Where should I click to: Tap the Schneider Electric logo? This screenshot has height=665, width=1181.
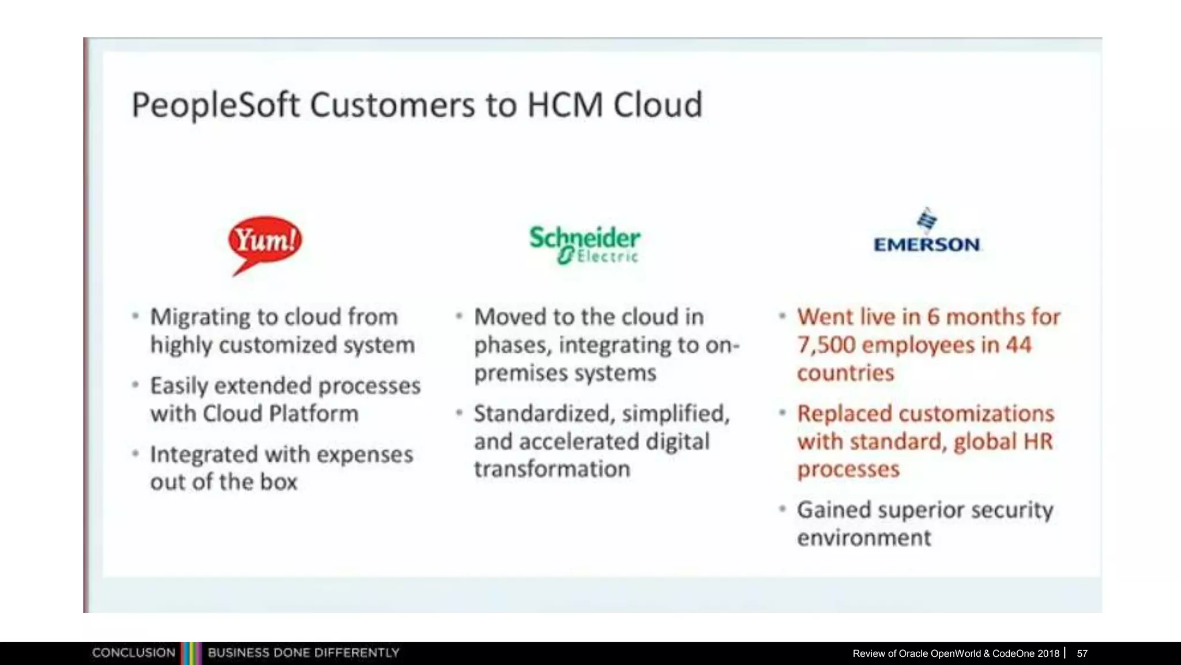click(x=584, y=245)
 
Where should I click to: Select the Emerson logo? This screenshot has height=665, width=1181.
click(x=927, y=232)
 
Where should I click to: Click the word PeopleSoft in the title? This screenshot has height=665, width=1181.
click(x=216, y=105)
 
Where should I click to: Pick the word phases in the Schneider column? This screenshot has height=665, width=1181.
click(x=510, y=345)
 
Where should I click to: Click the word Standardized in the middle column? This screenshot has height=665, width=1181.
click(x=541, y=414)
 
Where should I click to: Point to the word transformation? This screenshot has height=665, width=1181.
click(x=552, y=469)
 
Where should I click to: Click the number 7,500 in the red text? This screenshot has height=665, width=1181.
click(x=826, y=345)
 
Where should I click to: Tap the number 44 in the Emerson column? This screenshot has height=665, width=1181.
click(x=1018, y=345)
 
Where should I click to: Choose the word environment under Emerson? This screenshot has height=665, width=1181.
click(x=864, y=538)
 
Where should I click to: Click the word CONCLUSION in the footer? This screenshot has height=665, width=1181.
click(x=133, y=653)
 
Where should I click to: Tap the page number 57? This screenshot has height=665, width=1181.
click(x=1082, y=653)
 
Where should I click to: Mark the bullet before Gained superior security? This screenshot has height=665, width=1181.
click(x=783, y=509)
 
